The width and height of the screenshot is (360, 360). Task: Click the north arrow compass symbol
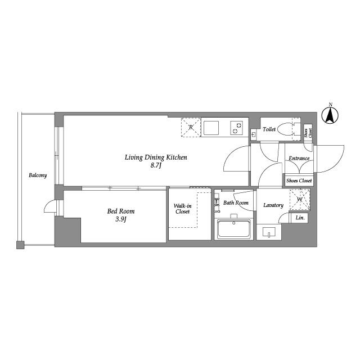(330, 115)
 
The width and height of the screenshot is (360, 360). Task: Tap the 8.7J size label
(156, 165)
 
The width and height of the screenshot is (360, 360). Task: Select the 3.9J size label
(121, 219)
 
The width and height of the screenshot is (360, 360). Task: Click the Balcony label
(38, 175)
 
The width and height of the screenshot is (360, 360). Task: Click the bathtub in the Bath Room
(234, 228)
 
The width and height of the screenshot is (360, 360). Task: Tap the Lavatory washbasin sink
(269, 232)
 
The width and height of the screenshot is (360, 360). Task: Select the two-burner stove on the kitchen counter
(237, 128)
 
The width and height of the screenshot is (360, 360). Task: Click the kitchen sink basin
(211, 128)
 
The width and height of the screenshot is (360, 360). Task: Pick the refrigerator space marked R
(191, 127)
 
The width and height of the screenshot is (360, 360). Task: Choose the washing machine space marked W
(300, 199)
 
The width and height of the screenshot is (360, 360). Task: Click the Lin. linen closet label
(300, 218)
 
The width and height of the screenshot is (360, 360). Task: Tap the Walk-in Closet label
(182, 209)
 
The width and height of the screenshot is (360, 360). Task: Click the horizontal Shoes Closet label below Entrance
(299, 181)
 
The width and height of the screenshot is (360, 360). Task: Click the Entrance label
(299, 159)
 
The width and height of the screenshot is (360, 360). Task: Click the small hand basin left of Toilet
(254, 134)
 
